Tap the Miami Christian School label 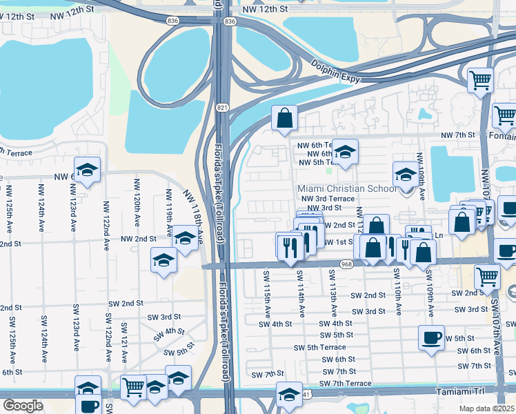(x=346, y=188)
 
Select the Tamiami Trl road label (x=462, y=391)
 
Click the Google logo (x=23, y=405)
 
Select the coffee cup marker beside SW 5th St (x=432, y=338)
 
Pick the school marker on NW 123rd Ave (x=88, y=170)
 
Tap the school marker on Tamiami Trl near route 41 (x=289, y=394)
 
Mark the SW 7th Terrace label (x=346, y=384)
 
